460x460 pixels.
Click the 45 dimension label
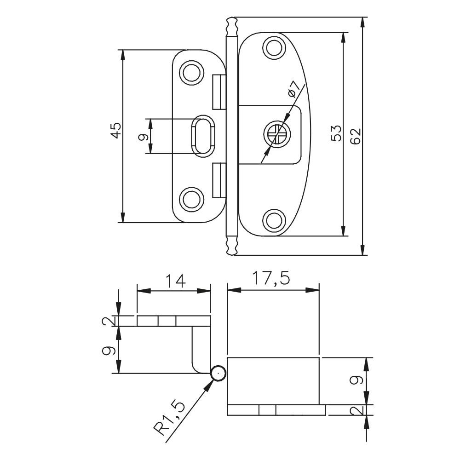[116, 130]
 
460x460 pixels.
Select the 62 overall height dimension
[355, 136]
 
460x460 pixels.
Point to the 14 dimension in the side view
[176, 281]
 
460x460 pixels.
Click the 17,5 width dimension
[271, 279]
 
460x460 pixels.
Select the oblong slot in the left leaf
[203, 136]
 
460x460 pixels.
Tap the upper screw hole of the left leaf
[191, 73]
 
